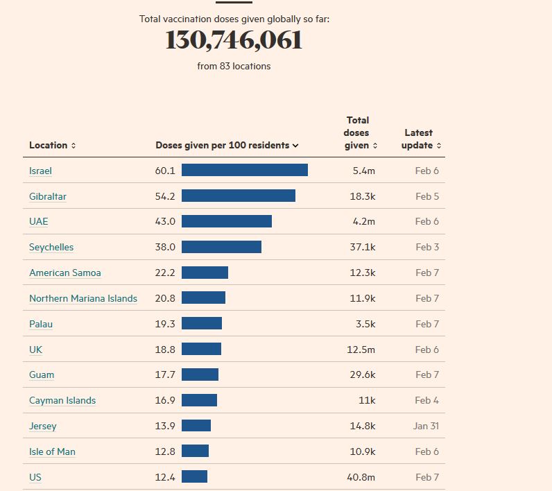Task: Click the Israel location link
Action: (40, 171)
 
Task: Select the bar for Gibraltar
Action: (238, 196)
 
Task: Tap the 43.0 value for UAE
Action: (165, 222)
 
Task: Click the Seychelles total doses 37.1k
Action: (362, 248)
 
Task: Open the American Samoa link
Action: (64, 273)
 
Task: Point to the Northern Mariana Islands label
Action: (83, 299)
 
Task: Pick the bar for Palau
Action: (201, 324)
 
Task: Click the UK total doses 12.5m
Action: (361, 350)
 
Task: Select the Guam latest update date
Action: (427, 375)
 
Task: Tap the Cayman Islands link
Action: (62, 401)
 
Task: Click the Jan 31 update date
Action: (426, 427)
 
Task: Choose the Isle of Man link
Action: (52, 452)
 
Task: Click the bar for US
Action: (194, 477)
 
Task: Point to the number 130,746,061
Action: (234, 40)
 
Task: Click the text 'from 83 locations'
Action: (234, 67)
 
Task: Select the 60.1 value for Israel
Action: (165, 171)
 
